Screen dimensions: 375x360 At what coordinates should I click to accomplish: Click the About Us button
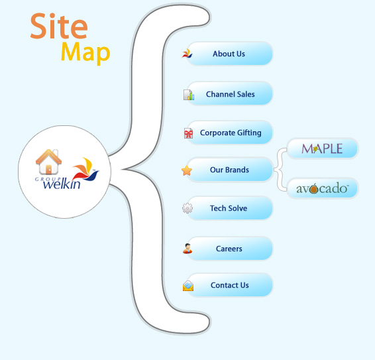point(230,54)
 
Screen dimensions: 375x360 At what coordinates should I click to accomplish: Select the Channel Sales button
point(230,94)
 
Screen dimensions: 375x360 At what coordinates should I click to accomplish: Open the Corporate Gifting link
point(230,133)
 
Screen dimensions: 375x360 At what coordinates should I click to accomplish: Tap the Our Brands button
point(230,170)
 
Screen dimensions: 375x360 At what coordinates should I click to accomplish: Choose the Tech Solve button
point(230,208)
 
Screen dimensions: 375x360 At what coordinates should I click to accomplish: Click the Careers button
point(230,249)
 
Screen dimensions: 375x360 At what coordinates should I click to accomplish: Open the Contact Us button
point(230,285)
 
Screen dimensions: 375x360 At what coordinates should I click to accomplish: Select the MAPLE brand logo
point(322,149)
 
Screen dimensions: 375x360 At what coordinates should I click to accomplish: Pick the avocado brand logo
point(322,188)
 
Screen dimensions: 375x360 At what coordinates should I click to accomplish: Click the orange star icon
point(187,170)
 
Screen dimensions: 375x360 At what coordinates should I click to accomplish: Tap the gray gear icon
point(187,208)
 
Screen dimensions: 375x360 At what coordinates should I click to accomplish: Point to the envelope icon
point(188,286)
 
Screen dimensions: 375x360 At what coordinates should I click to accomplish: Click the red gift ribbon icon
point(188,133)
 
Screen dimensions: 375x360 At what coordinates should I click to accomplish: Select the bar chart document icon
point(189,95)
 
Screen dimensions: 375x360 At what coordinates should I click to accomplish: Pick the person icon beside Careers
point(187,249)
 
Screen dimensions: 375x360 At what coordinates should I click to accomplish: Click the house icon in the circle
point(48,162)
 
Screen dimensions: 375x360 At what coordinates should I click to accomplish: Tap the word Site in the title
point(59,26)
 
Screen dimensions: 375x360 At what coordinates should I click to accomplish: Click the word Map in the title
point(85,52)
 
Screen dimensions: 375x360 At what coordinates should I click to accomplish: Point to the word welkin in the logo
point(62,184)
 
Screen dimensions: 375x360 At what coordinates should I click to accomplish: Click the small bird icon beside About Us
point(187,54)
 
